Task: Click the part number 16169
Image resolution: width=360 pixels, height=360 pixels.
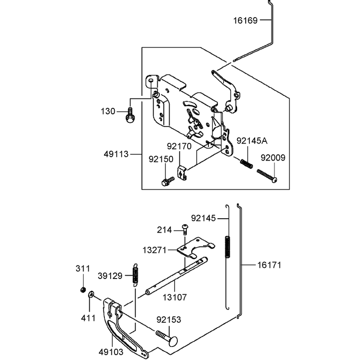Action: click(x=245, y=21)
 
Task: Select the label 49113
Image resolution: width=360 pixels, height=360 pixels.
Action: click(x=116, y=154)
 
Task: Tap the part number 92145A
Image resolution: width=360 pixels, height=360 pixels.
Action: click(x=252, y=141)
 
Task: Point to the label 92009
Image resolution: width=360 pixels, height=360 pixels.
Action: click(x=273, y=158)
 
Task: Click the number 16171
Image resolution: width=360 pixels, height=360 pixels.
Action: click(x=269, y=265)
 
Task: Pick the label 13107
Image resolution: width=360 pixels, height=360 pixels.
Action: click(x=175, y=297)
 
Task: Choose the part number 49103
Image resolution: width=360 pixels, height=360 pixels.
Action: click(x=111, y=352)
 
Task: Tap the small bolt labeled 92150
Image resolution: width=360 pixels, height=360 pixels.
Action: click(x=168, y=181)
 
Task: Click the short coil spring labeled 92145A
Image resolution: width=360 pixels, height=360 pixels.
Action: click(x=247, y=163)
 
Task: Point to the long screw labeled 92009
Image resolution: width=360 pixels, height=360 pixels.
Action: click(x=267, y=175)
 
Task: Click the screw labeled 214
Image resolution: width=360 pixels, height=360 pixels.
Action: click(x=185, y=229)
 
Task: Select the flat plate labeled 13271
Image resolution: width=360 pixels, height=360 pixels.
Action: click(x=196, y=248)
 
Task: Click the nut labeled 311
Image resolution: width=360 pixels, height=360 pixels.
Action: click(x=83, y=289)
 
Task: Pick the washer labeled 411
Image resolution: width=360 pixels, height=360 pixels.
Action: click(x=91, y=294)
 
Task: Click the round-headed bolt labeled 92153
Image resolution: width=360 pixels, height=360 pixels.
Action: click(x=167, y=337)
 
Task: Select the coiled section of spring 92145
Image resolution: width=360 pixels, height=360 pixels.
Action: click(x=227, y=247)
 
